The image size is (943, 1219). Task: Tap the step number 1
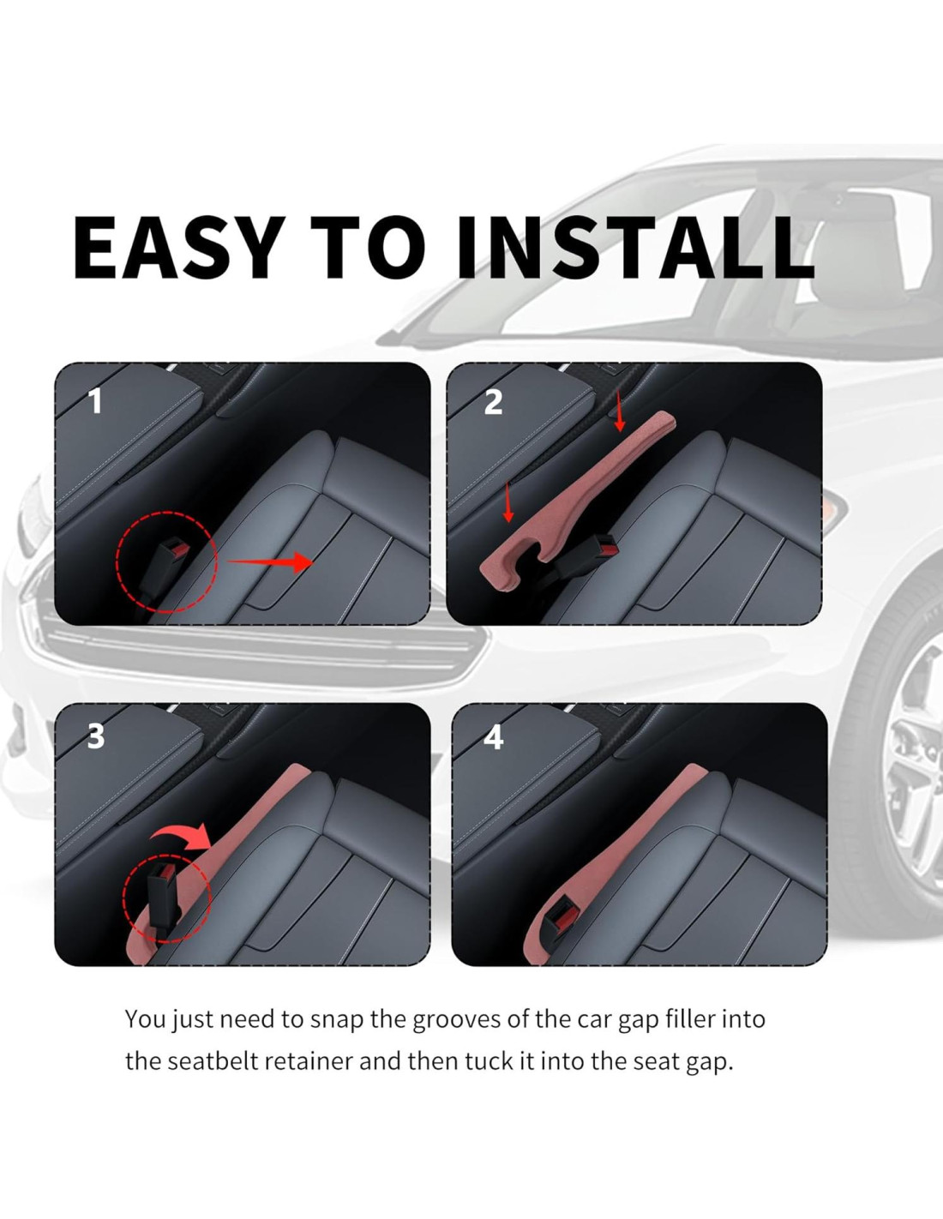click(95, 402)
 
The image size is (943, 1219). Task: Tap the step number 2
click(493, 402)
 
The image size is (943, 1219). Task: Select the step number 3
click(95, 736)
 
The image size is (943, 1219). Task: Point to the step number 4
click(493, 737)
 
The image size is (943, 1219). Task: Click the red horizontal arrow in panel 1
click(270, 561)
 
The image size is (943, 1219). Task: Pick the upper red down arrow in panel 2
click(619, 411)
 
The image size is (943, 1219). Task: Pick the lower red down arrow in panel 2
click(508, 502)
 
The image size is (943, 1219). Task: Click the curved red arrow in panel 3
click(183, 837)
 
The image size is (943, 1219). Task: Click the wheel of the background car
click(911, 746)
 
